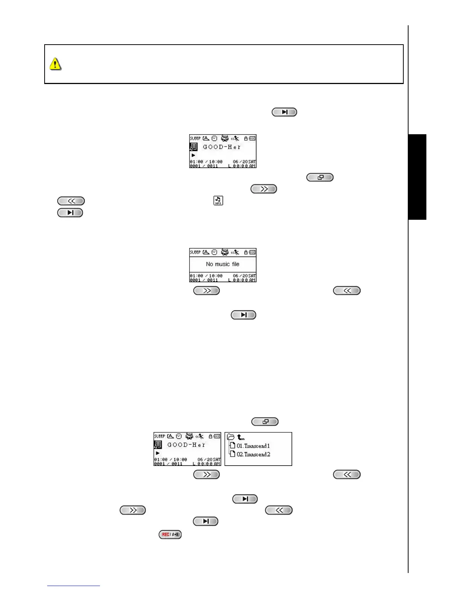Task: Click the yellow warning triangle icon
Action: point(55,64)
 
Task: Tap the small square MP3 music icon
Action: point(218,201)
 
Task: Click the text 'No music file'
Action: point(223,264)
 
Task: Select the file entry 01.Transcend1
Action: point(253,446)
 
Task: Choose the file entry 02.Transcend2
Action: point(253,454)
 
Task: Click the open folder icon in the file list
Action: point(231,437)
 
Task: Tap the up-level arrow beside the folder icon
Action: point(241,437)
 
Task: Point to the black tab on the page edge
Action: point(417,177)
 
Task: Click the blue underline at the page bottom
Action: point(74,586)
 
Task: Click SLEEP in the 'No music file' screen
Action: point(195,252)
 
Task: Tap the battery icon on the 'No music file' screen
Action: point(252,252)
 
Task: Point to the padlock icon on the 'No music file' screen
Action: point(246,252)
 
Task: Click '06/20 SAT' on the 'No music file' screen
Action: point(244,276)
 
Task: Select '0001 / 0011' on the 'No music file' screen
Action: point(204,280)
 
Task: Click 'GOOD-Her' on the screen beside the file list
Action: point(186,445)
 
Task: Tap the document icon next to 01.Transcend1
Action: point(232,445)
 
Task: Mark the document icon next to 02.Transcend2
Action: point(232,454)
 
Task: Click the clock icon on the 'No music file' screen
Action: point(214,252)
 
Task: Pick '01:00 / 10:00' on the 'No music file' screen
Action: point(206,276)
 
